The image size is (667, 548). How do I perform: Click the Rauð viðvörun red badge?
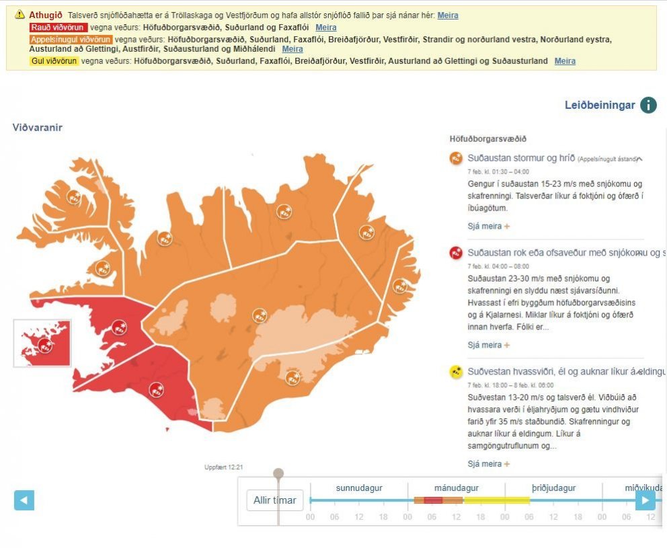(x=58, y=28)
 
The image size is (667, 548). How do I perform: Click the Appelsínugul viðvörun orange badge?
(x=70, y=39)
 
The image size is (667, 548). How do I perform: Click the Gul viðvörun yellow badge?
(x=54, y=61)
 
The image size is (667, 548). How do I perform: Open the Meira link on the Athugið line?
(x=448, y=15)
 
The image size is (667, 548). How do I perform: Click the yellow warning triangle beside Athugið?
(x=19, y=15)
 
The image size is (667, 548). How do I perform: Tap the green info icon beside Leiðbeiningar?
(x=648, y=105)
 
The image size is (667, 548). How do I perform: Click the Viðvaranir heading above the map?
(x=37, y=127)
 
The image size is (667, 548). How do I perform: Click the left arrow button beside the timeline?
(x=24, y=500)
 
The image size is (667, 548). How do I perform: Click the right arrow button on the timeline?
(x=645, y=500)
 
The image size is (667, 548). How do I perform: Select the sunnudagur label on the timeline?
(x=359, y=488)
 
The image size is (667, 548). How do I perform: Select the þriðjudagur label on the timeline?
(x=531, y=488)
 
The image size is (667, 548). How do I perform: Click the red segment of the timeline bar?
(x=433, y=500)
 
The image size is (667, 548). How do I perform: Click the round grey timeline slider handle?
(x=278, y=474)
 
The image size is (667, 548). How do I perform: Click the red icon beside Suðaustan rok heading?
(x=457, y=253)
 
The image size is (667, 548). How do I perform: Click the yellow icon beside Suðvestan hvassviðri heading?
(x=457, y=371)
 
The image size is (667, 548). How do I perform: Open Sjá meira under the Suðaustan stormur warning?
(x=488, y=227)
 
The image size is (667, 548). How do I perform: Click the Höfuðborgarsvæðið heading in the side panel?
(x=487, y=139)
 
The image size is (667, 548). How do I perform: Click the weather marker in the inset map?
(x=45, y=346)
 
